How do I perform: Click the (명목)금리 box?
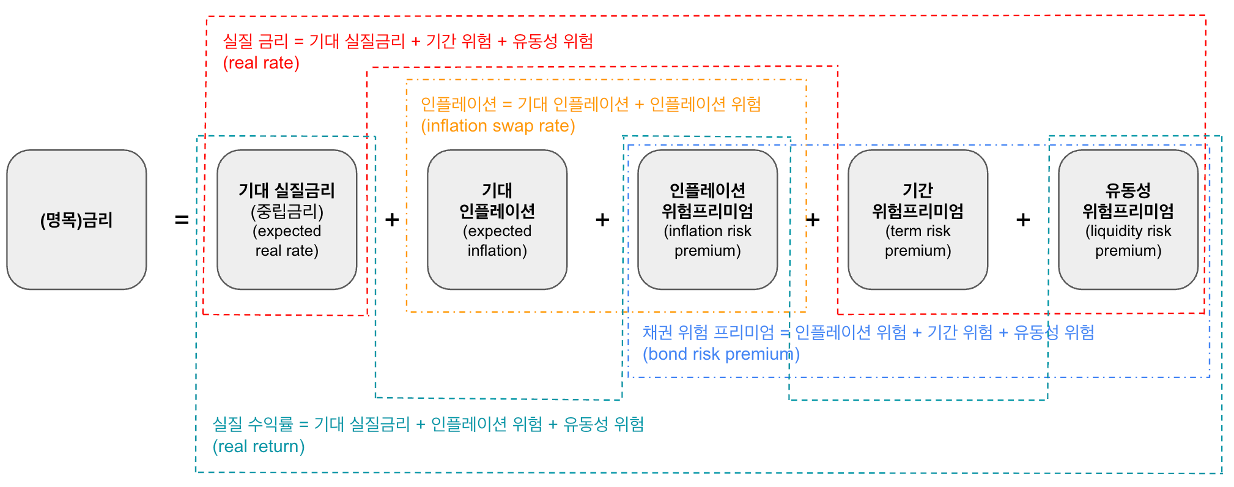click(x=76, y=220)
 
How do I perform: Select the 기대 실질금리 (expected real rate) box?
click(x=287, y=220)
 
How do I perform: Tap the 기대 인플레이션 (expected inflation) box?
click(x=497, y=220)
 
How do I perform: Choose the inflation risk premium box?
click(x=708, y=220)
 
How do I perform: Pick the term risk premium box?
click(x=918, y=220)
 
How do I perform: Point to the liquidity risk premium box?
click(x=1128, y=220)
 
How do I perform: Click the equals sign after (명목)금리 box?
click(x=182, y=220)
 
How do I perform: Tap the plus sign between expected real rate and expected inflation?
click(x=392, y=220)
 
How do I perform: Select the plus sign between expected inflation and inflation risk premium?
click(x=602, y=220)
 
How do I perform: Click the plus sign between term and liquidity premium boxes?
click(x=1023, y=220)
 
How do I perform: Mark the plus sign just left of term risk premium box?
click(x=813, y=220)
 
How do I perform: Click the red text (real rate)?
click(x=261, y=63)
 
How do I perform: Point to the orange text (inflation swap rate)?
click(x=498, y=126)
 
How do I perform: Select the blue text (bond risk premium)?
click(x=721, y=354)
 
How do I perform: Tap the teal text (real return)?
click(x=259, y=447)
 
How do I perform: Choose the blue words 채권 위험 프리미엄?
click(x=708, y=332)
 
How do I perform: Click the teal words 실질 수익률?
click(x=253, y=424)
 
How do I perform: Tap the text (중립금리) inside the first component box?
click(x=287, y=211)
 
